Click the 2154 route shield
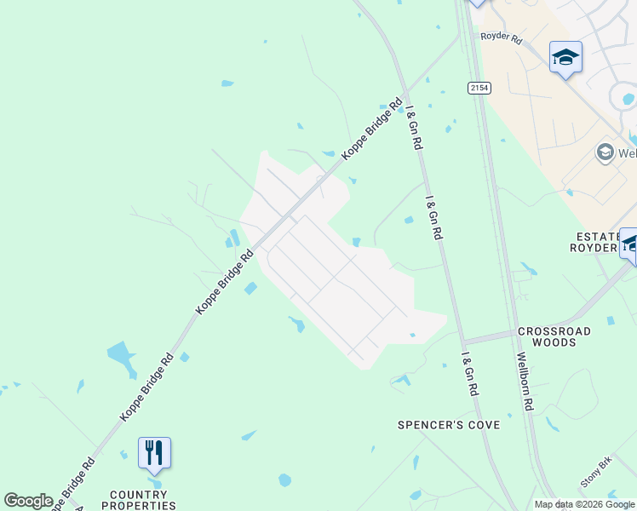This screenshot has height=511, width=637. pyautogui.click(x=479, y=88)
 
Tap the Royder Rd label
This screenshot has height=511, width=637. pyautogui.click(x=501, y=37)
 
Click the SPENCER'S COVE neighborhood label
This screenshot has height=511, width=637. pyautogui.click(x=449, y=424)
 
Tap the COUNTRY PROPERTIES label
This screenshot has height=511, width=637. pyautogui.click(x=139, y=500)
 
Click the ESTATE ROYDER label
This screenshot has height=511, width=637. pyautogui.click(x=596, y=241)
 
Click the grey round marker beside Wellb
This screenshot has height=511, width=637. pyautogui.click(x=605, y=152)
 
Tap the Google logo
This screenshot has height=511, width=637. pyautogui.click(x=28, y=500)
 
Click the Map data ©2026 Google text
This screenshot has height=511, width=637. pyautogui.click(x=584, y=504)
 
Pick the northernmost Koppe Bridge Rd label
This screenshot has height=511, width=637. pyautogui.click(x=371, y=129)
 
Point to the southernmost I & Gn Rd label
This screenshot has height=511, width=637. pyautogui.click(x=469, y=374)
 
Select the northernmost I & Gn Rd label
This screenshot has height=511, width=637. pyautogui.click(x=414, y=128)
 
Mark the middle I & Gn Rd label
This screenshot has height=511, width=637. pyautogui.click(x=434, y=217)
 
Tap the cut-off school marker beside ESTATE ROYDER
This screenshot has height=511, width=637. pyautogui.click(x=628, y=244)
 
